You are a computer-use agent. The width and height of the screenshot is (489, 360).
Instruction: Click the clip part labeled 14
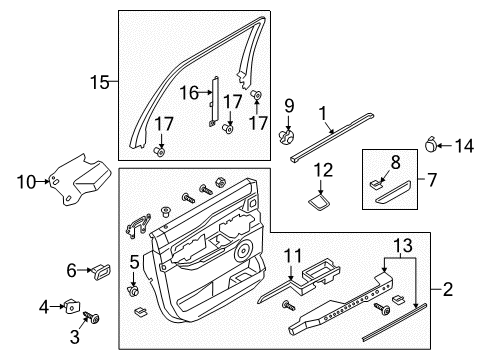tap(433, 146)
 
